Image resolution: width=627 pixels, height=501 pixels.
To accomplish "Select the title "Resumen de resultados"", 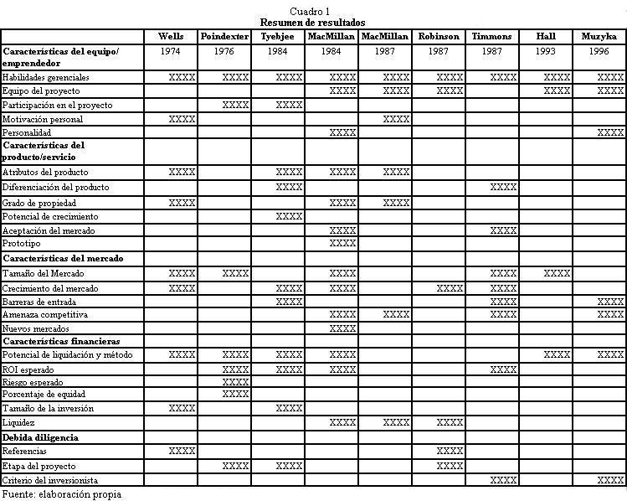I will (312, 23).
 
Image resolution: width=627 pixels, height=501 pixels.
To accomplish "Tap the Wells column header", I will (171, 37).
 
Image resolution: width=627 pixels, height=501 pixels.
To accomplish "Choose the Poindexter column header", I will (224, 37).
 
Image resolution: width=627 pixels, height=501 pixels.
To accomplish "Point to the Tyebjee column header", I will (277, 37).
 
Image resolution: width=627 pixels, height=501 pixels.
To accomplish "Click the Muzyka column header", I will (599, 37).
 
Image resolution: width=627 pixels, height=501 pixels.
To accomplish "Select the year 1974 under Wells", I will (171, 52).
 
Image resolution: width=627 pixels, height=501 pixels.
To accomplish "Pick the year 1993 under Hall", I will (546, 52).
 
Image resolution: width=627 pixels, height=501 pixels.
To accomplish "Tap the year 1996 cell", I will (599, 52).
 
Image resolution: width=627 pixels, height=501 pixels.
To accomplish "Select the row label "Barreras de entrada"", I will (39, 301).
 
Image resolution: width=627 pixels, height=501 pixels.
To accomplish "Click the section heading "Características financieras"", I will (61, 342).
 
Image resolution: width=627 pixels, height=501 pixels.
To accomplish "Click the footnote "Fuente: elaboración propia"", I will (61, 494).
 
